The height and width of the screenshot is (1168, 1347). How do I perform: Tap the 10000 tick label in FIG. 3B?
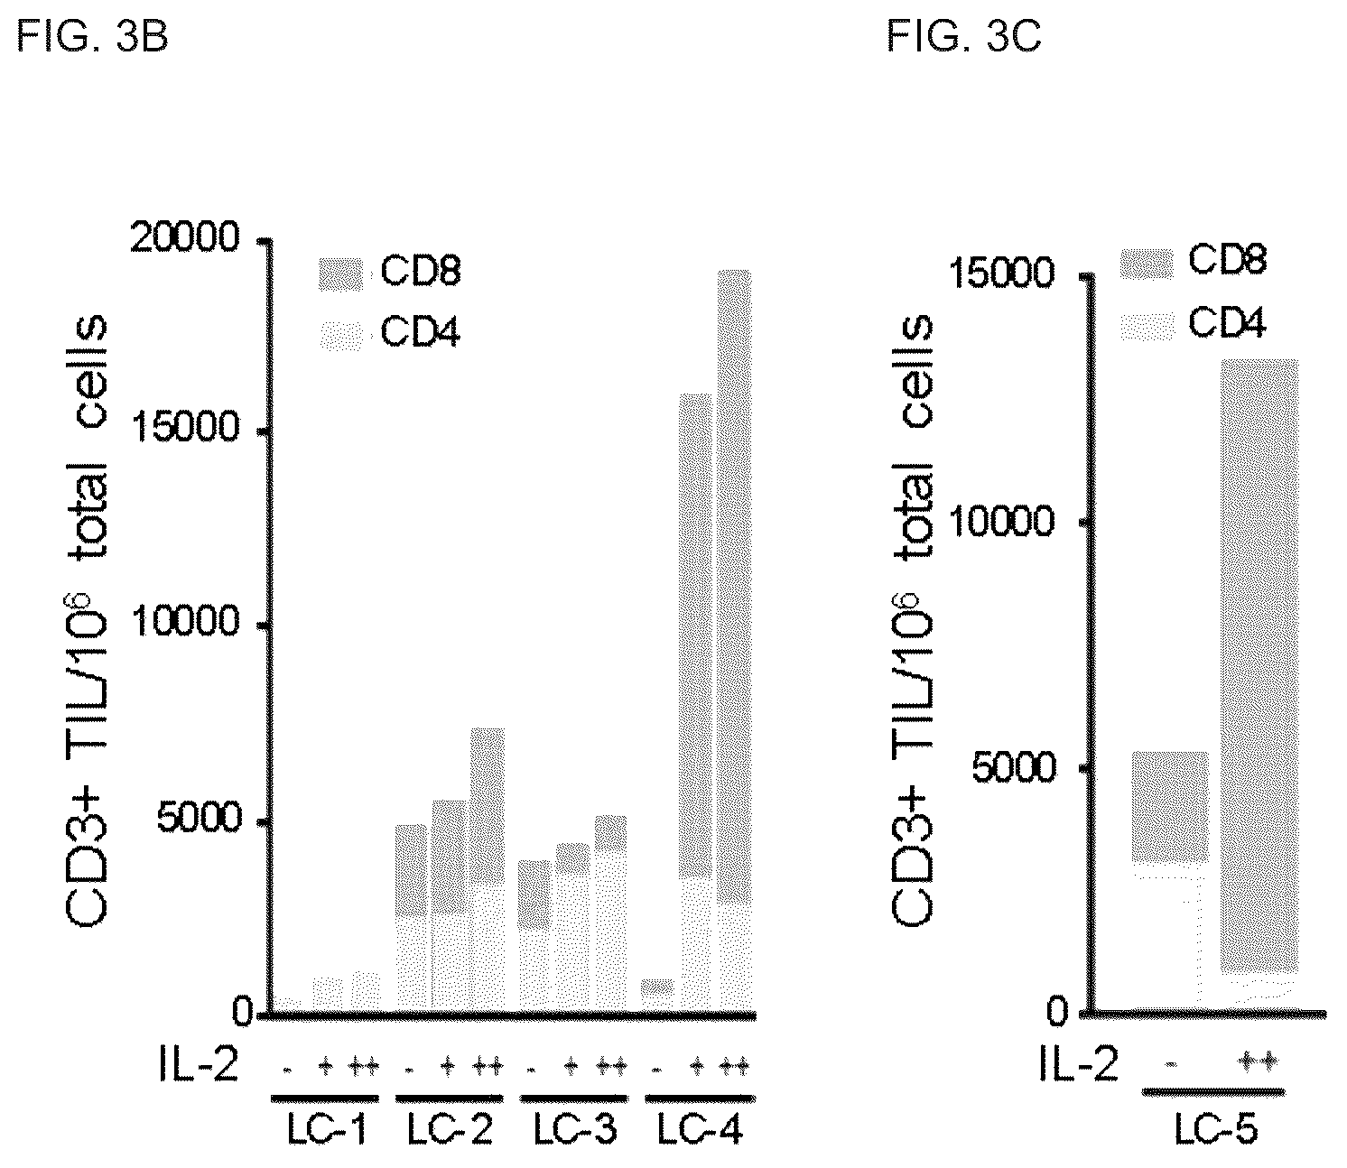184,621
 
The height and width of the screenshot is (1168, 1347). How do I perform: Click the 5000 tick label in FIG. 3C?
1013,767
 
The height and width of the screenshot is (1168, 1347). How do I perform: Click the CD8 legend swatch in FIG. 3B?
341,273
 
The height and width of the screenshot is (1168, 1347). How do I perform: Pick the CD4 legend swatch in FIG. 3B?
341,335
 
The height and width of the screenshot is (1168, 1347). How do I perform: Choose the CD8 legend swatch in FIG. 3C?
1147,264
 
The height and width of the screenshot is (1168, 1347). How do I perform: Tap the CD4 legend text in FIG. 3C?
1227,323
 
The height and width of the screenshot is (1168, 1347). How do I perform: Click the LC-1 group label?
326,1130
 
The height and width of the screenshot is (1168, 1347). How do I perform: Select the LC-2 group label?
449,1130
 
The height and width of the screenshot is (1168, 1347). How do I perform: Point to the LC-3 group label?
575,1130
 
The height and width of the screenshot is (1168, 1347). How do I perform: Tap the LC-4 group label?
700,1130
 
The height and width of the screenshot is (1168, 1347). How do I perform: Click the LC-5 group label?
1216,1129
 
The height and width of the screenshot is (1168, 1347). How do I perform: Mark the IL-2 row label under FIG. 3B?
198,1065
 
